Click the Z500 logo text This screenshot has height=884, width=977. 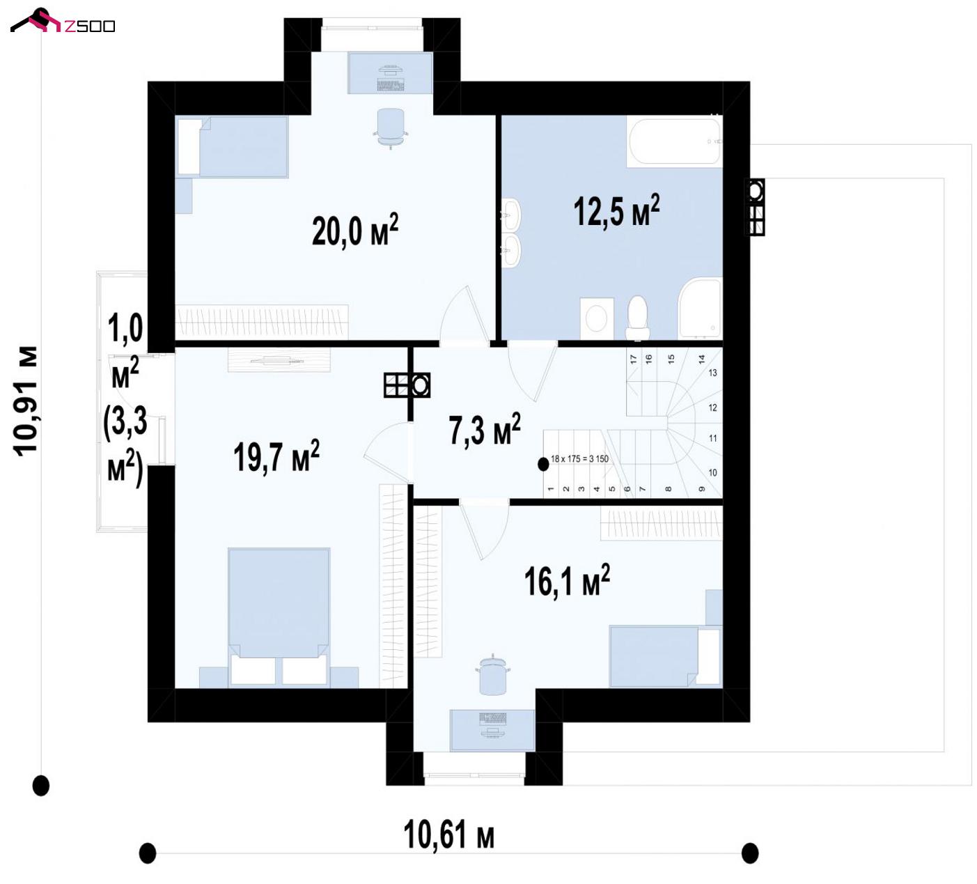(x=90, y=26)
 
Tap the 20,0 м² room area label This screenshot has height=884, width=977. (x=355, y=231)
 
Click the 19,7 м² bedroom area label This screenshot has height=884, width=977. (x=276, y=456)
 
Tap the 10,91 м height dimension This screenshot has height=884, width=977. (x=26, y=401)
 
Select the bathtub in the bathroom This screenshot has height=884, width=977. (x=675, y=142)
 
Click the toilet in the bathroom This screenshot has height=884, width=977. (x=638, y=318)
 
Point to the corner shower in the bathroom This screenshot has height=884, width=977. (x=700, y=308)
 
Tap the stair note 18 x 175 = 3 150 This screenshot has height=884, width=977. (x=579, y=459)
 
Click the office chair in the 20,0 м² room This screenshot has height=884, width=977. (x=391, y=128)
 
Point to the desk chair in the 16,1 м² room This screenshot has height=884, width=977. (x=493, y=675)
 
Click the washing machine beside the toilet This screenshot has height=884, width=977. (x=597, y=318)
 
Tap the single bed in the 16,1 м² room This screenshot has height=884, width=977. (x=665, y=656)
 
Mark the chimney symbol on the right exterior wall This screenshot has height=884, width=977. (x=755, y=207)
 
